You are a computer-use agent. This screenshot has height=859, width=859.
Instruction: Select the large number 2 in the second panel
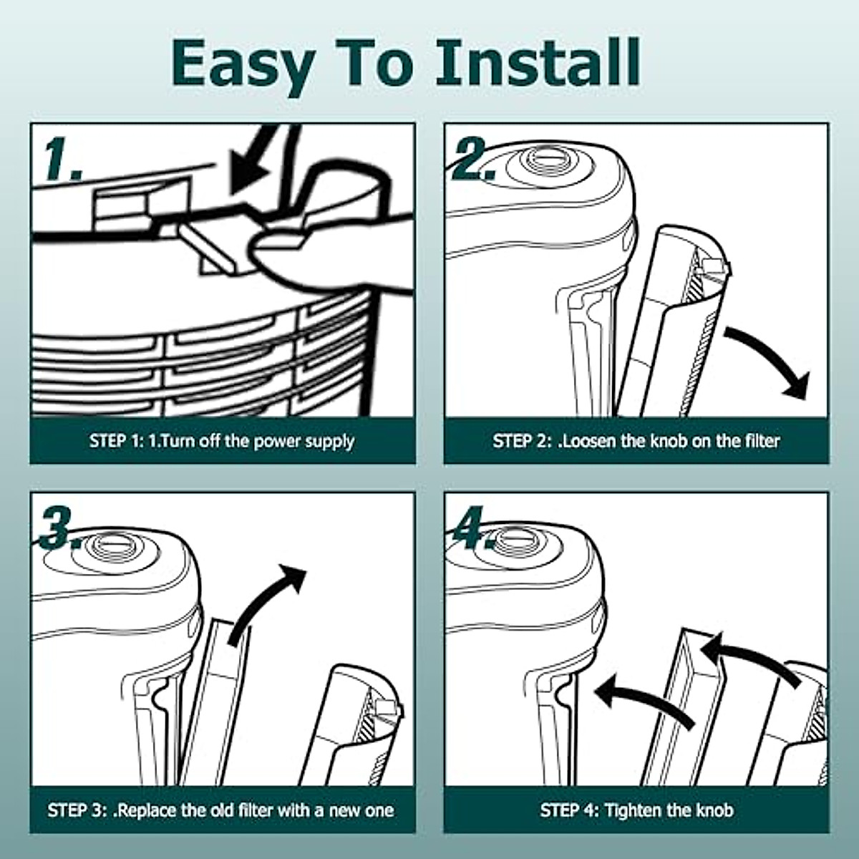[473, 158]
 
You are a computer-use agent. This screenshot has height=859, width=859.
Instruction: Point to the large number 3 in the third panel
[61, 528]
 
